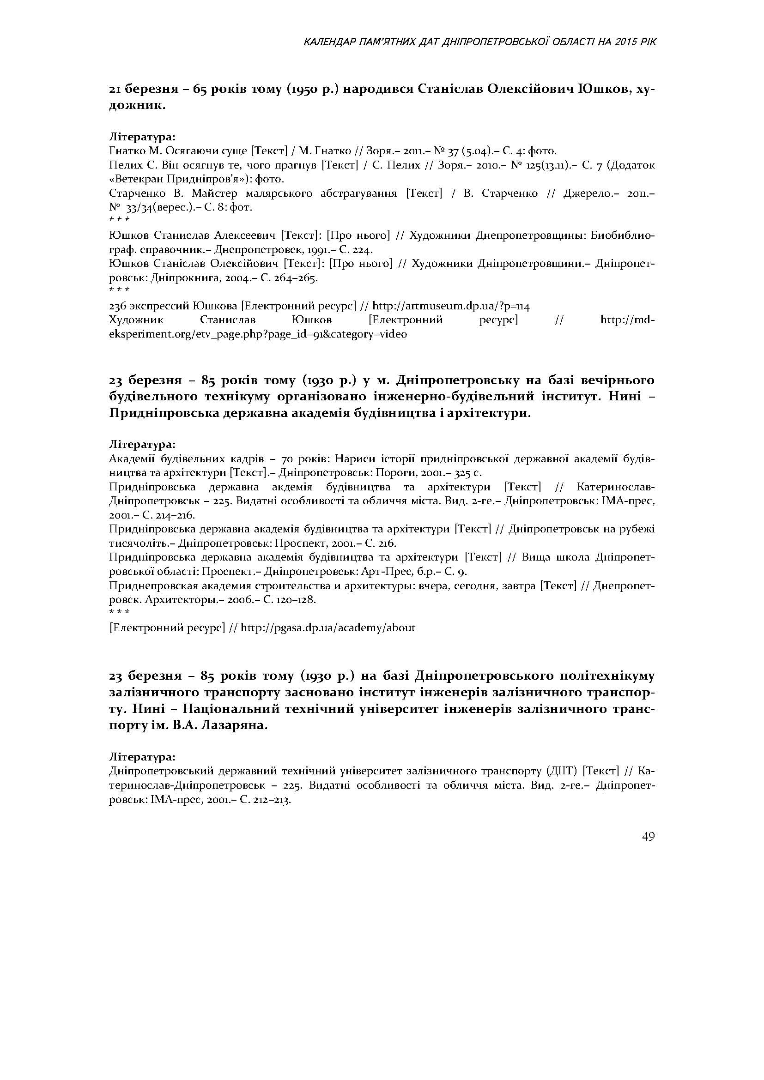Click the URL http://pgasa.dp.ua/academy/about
328,627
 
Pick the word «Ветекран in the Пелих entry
129,179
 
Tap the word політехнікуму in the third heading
607,676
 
